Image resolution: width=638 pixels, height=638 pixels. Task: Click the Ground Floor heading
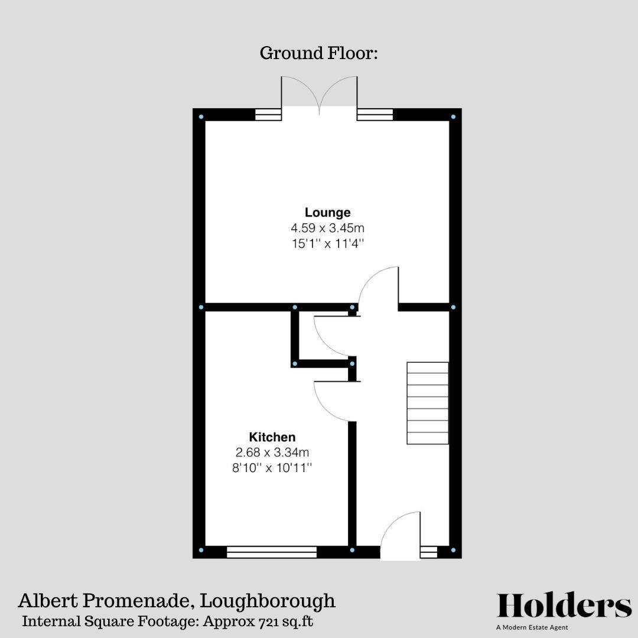(x=318, y=53)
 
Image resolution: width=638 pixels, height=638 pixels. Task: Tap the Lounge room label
(x=327, y=213)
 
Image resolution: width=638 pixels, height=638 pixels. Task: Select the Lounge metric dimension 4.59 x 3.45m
(x=327, y=227)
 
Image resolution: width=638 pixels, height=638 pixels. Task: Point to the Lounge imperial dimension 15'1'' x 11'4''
(x=327, y=243)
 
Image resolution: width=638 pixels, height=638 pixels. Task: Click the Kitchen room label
(x=272, y=438)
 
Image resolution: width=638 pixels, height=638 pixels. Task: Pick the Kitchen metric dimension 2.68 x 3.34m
(x=272, y=453)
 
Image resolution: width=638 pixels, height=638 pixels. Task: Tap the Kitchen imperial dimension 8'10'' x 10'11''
(x=272, y=468)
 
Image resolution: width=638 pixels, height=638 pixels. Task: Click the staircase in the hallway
(x=427, y=403)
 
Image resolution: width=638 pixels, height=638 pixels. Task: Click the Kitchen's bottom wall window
(x=272, y=552)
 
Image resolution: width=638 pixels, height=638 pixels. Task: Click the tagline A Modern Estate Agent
(x=532, y=627)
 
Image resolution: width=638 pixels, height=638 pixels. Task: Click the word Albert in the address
(x=44, y=601)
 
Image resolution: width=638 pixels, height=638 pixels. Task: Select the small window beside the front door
(x=428, y=552)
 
